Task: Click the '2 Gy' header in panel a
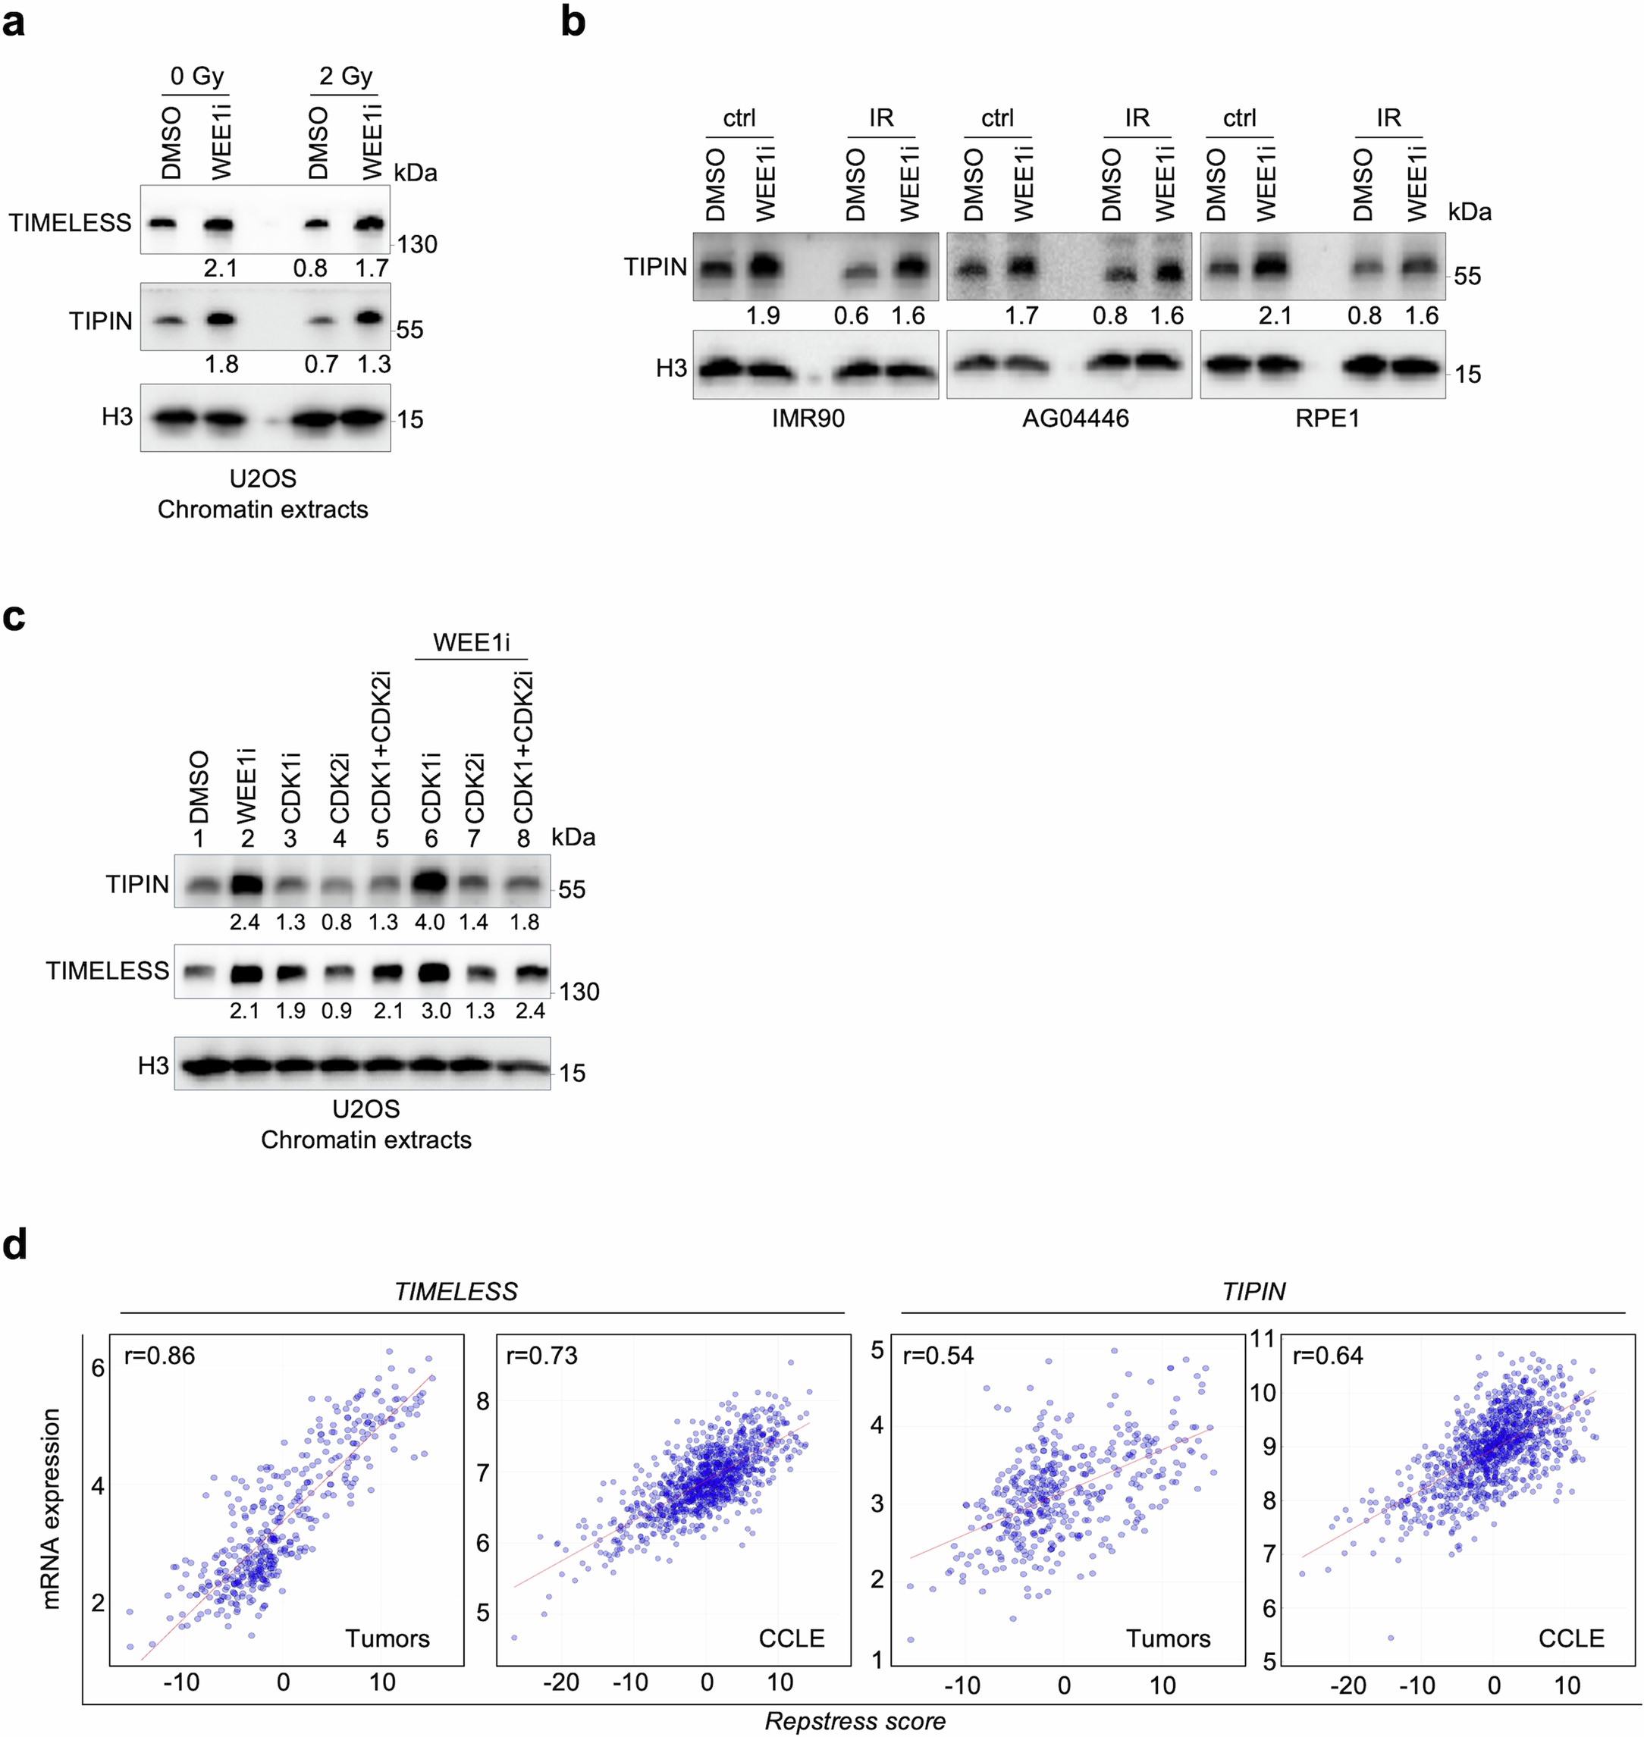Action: [x=345, y=77]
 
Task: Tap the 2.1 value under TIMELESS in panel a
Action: [x=220, y=268]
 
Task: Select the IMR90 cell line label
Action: [x=808, y=419]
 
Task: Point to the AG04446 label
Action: [x=1075, y=419]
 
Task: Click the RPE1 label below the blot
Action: [x=1327, y=419]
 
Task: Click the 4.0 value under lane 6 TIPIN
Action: [x=429, y=923]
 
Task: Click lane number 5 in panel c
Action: [x=383, y=839]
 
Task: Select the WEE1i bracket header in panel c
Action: [x=472, y=642]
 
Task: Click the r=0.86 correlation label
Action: [x=159, y=1356]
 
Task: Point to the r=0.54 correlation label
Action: [x=938, y=1356]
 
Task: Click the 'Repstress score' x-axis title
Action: [x=855, y=1721]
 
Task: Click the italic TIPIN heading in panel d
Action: [x=1253, y=1292]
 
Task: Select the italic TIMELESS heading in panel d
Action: [x=456, y=1292]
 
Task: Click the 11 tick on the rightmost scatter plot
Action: [x=1262, y=1339]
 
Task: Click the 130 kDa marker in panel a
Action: [x=417, y=244]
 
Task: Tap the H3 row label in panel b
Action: [x=671, y=368]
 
